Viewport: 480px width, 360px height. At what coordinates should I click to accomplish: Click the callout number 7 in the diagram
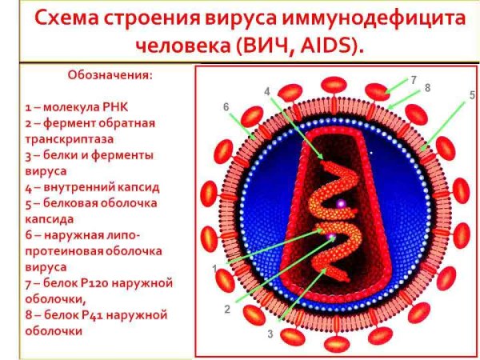(x=414, y=79)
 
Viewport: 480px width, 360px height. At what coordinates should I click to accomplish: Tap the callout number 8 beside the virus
(x=428, y=87)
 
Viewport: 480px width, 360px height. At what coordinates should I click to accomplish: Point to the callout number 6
(x=226, y=106)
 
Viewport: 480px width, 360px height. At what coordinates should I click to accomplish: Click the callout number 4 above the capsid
(x=267, y=90)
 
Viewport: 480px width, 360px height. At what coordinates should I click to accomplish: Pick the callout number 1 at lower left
(x=214, y=268)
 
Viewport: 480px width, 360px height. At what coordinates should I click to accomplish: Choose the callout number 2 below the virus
(x=226, y=309)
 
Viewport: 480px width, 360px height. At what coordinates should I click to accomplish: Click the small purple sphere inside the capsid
(x=341, y=204)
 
